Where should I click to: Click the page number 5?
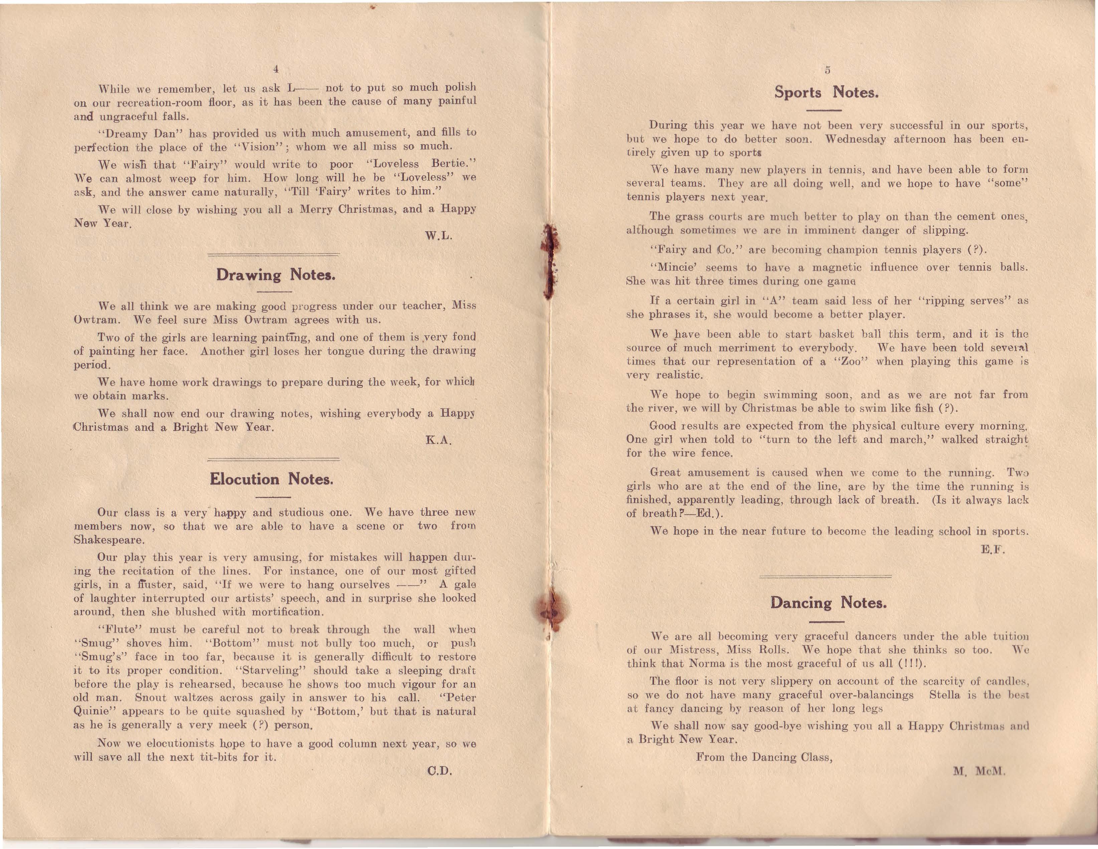point(827,70)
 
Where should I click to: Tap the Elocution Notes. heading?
point(272,479)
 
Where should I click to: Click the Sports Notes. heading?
point(826,92)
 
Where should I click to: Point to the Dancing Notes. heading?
point(828,603)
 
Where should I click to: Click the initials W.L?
point(438,236)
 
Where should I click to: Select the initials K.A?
point(438,441)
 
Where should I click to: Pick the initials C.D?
point(439,771)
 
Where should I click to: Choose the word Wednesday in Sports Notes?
point(855,139)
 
